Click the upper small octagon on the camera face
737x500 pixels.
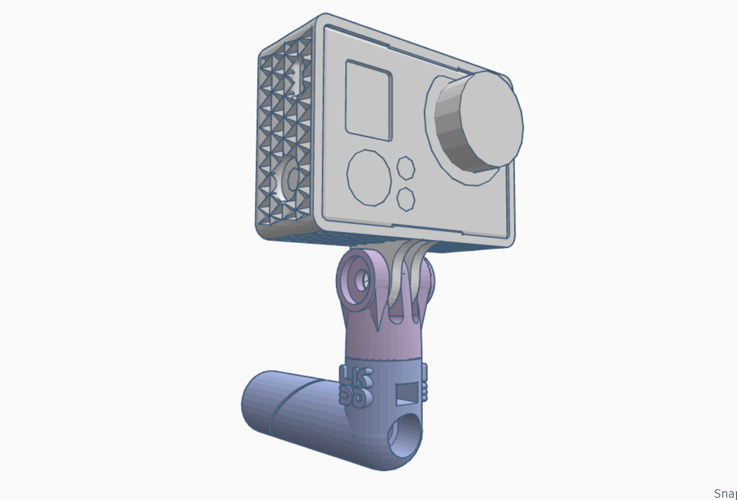(x=406, y=168)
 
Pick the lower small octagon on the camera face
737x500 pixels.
(x=406, y=199)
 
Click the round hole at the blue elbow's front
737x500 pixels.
(x=405, y=437)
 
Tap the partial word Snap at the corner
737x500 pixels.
(x=725, y=493)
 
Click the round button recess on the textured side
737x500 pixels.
(x=292, y=179)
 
